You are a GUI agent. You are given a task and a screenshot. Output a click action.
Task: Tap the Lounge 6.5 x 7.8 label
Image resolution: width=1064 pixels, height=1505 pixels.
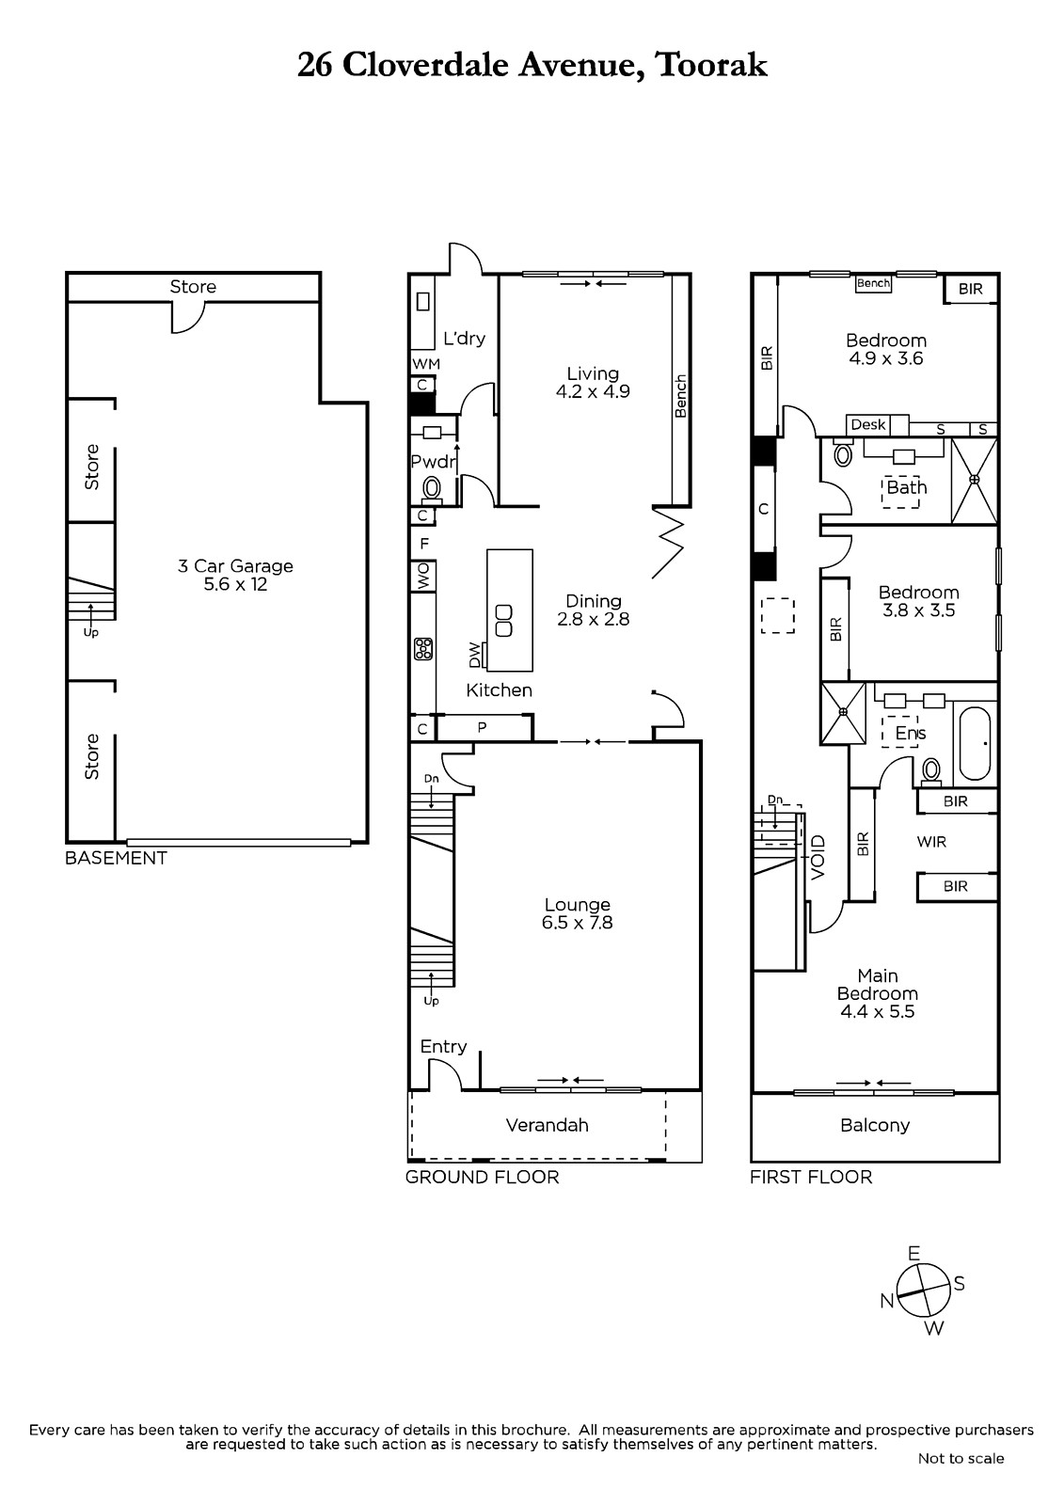pos(578,913)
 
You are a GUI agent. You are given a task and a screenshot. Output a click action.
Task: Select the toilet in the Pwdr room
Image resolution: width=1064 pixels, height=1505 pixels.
pos(432,489)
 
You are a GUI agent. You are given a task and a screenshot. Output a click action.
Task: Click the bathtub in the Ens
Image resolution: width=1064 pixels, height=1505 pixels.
pos(974,743)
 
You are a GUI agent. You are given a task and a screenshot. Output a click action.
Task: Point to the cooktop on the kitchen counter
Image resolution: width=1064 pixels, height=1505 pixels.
pos(422,649)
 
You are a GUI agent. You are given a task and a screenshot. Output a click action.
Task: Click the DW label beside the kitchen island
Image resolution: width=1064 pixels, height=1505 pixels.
pos(475,655)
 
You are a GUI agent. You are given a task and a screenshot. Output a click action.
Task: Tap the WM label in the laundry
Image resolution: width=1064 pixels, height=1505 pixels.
pos(426,364)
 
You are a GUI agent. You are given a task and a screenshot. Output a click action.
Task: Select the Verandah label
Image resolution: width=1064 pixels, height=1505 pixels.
pos(548,1125)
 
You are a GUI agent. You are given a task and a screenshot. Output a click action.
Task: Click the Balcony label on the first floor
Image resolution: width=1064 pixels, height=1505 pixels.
pos(875,1125)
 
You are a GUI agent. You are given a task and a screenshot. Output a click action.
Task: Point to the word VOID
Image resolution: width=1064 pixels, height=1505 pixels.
pos(818,857)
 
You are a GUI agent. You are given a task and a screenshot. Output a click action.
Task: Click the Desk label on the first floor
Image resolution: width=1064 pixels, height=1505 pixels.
pos(867,424)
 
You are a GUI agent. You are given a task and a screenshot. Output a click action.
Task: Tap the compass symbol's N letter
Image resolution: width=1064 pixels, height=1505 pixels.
pos(886,1302)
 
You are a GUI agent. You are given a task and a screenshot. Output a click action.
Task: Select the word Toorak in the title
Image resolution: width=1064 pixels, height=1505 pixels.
pos(712,65)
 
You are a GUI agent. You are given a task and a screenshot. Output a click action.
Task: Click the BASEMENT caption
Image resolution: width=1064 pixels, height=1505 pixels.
pos(116,858)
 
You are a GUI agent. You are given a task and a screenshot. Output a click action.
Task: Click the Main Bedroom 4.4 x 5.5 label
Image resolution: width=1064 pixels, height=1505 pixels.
pos(878,993)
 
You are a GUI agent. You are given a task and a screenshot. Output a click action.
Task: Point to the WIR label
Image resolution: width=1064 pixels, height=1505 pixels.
pos(931,842)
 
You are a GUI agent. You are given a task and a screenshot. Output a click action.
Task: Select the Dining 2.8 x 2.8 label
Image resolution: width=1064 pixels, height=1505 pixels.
pos(593,610)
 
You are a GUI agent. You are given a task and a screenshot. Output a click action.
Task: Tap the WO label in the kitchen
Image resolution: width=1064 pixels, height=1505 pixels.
pos(423,577)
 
